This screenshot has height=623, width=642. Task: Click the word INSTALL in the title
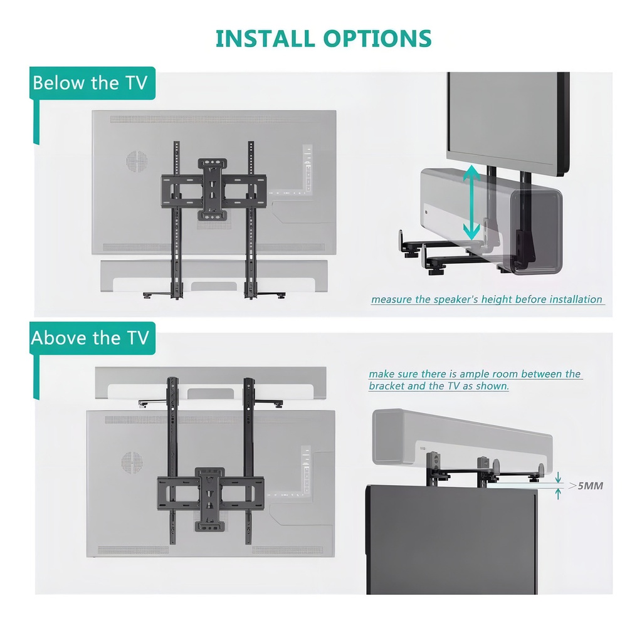[266, 38]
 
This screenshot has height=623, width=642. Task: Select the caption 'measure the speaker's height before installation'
[487, 300]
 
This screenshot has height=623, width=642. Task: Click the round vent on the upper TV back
[136, 162]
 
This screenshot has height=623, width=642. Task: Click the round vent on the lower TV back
[132, 463]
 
